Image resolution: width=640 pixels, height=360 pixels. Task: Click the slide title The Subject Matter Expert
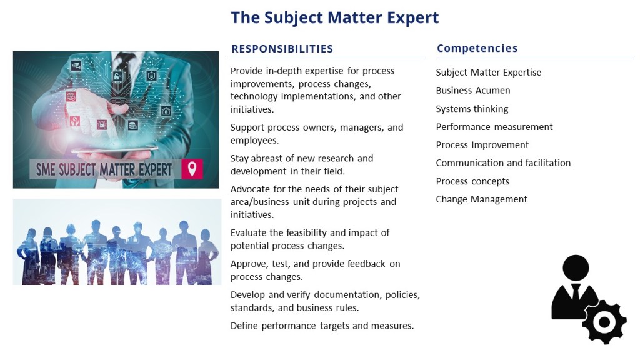[x=335, y=18]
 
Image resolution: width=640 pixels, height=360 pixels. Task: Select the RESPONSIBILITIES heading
[x=282, y=49]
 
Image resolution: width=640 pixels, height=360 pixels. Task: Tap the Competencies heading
[x=477, y=49]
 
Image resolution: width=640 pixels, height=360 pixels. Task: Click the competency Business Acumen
[x=472, y=90]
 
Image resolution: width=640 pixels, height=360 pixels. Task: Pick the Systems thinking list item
[x=472, y=109]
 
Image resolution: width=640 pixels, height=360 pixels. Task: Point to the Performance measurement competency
[x=494, y=127]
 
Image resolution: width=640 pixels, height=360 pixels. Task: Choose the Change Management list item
[x=481, y=199]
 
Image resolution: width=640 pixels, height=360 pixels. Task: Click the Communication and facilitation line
[x=503, y=163]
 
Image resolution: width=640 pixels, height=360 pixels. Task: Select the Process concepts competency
[x=472, y=181]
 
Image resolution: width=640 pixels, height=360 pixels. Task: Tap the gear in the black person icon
[x=604, y=322]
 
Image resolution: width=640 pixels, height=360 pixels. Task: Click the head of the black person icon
[x=576, y=268]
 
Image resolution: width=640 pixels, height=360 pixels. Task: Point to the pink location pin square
[x=192, y=169]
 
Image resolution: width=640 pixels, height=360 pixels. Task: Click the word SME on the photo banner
[x=45, y=169]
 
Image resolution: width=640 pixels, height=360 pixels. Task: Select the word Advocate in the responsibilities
[x=250, y=189]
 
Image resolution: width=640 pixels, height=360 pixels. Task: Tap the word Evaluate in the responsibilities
[x=249, y=233]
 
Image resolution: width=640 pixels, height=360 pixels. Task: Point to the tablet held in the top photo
[x=115, y=150]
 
